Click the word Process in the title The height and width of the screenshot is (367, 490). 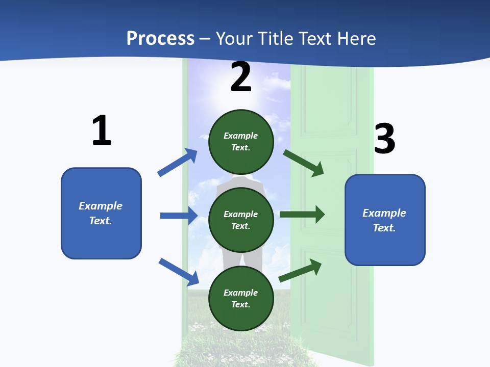161,39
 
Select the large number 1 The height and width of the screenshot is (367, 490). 102,130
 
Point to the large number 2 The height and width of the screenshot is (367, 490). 240,76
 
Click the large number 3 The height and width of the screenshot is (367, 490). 385,138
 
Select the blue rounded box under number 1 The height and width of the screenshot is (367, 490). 101,214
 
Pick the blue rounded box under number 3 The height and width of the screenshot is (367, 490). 385,220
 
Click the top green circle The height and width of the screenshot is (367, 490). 241,142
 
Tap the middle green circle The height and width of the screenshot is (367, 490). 241,220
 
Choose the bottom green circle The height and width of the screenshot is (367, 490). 241,299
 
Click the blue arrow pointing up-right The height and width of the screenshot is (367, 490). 177,162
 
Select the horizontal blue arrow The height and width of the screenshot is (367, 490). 179,215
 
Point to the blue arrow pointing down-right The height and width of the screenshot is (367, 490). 179,272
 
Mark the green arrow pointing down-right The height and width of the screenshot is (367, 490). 303,163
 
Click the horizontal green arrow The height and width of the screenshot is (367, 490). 302,215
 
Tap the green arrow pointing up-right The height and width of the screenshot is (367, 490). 300,270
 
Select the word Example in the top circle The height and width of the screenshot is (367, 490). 240,136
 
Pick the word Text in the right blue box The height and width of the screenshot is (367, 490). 384,227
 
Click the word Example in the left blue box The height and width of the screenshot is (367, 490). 101,206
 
